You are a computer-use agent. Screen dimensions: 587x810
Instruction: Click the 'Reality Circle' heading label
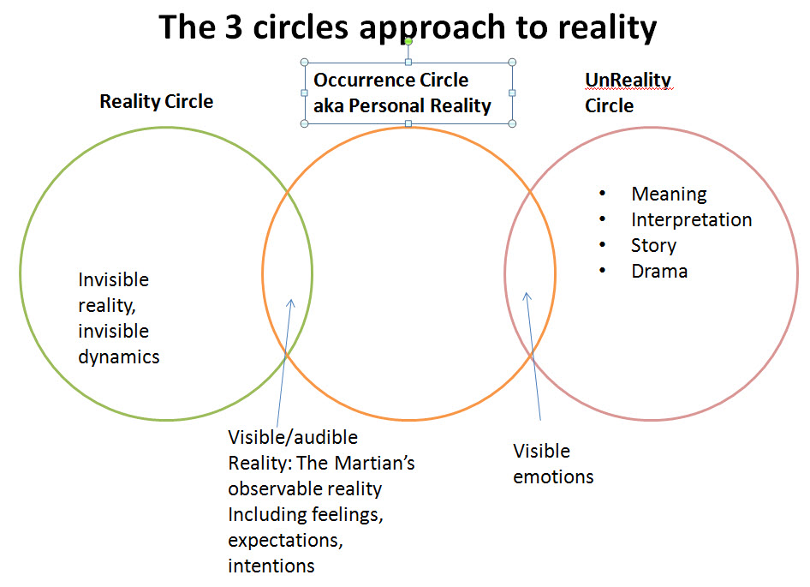156,101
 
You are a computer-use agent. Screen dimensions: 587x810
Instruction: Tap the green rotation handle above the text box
408,41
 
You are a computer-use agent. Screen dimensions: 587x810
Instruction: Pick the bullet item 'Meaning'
669,194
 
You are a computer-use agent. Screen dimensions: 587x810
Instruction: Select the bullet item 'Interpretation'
691,219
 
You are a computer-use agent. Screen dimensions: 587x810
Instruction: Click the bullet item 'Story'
653,245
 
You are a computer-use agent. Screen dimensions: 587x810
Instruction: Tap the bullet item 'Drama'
658,271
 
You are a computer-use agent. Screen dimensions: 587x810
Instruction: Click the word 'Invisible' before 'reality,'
113,279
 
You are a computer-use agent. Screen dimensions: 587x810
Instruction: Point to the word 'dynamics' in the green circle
118,356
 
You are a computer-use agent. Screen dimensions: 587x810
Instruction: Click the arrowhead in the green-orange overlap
291,302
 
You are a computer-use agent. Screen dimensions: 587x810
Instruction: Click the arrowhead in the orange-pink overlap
527,296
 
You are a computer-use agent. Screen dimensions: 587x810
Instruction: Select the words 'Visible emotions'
552,464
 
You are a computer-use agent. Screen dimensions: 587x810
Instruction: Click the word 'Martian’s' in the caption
378,463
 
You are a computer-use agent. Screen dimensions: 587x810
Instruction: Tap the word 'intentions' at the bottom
271,566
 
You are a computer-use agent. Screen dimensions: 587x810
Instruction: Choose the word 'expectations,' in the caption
278,540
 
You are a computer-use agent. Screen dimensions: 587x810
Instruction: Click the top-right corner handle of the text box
512,62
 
